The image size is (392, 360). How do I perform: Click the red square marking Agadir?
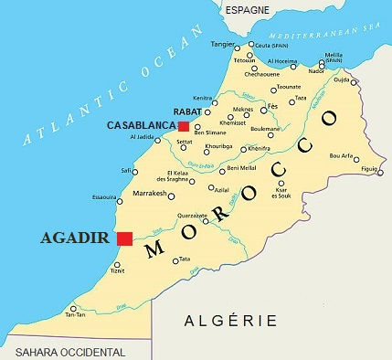point(125,238)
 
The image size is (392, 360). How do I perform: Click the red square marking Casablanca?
point(184,126)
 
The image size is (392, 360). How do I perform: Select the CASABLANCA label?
point(142,124)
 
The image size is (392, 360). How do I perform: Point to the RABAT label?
point(187,113)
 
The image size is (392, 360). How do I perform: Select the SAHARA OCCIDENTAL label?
point(63,352)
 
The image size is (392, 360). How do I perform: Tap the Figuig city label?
point(369,170)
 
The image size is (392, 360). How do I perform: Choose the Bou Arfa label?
point(341,155)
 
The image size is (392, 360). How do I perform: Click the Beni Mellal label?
point(241,168)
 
